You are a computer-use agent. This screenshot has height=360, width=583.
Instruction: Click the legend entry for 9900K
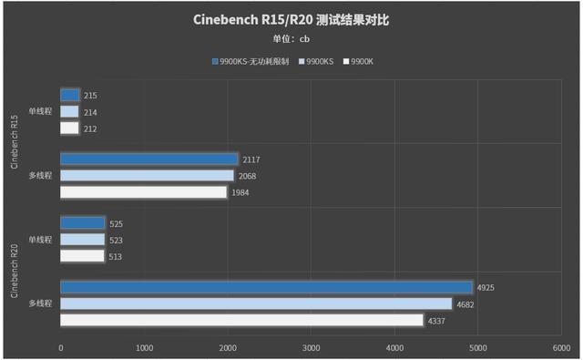coord(362,61)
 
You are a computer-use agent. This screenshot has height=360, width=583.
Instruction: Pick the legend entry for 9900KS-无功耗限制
coord(253,61)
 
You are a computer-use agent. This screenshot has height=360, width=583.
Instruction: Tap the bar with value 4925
coord(266,287)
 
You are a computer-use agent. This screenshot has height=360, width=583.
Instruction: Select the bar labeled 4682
coord(256,303)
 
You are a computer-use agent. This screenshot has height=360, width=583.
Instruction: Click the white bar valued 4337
coord(241,320)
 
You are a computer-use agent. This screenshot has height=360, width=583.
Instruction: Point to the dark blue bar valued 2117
coord(149,159)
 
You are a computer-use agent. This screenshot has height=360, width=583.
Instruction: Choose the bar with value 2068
coord(148,176)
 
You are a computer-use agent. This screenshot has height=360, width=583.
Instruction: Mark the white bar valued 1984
coord(144,192)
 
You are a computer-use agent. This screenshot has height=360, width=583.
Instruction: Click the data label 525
coord(116,223)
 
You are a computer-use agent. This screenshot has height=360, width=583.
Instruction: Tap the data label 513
coord(115,256)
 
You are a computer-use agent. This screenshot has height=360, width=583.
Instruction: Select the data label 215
coord(90,96)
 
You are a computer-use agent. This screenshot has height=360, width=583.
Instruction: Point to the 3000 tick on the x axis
coord(311,347)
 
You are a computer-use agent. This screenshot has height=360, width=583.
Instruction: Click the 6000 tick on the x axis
coord(560,347)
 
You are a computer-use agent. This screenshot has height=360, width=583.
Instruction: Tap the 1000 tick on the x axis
coord(144,347)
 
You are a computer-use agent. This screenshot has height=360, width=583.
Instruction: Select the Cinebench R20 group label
coord(14,271)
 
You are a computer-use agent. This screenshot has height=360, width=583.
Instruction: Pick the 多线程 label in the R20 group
coord(39,303)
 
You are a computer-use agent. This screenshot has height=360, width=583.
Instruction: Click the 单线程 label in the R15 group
coord(39,112)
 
